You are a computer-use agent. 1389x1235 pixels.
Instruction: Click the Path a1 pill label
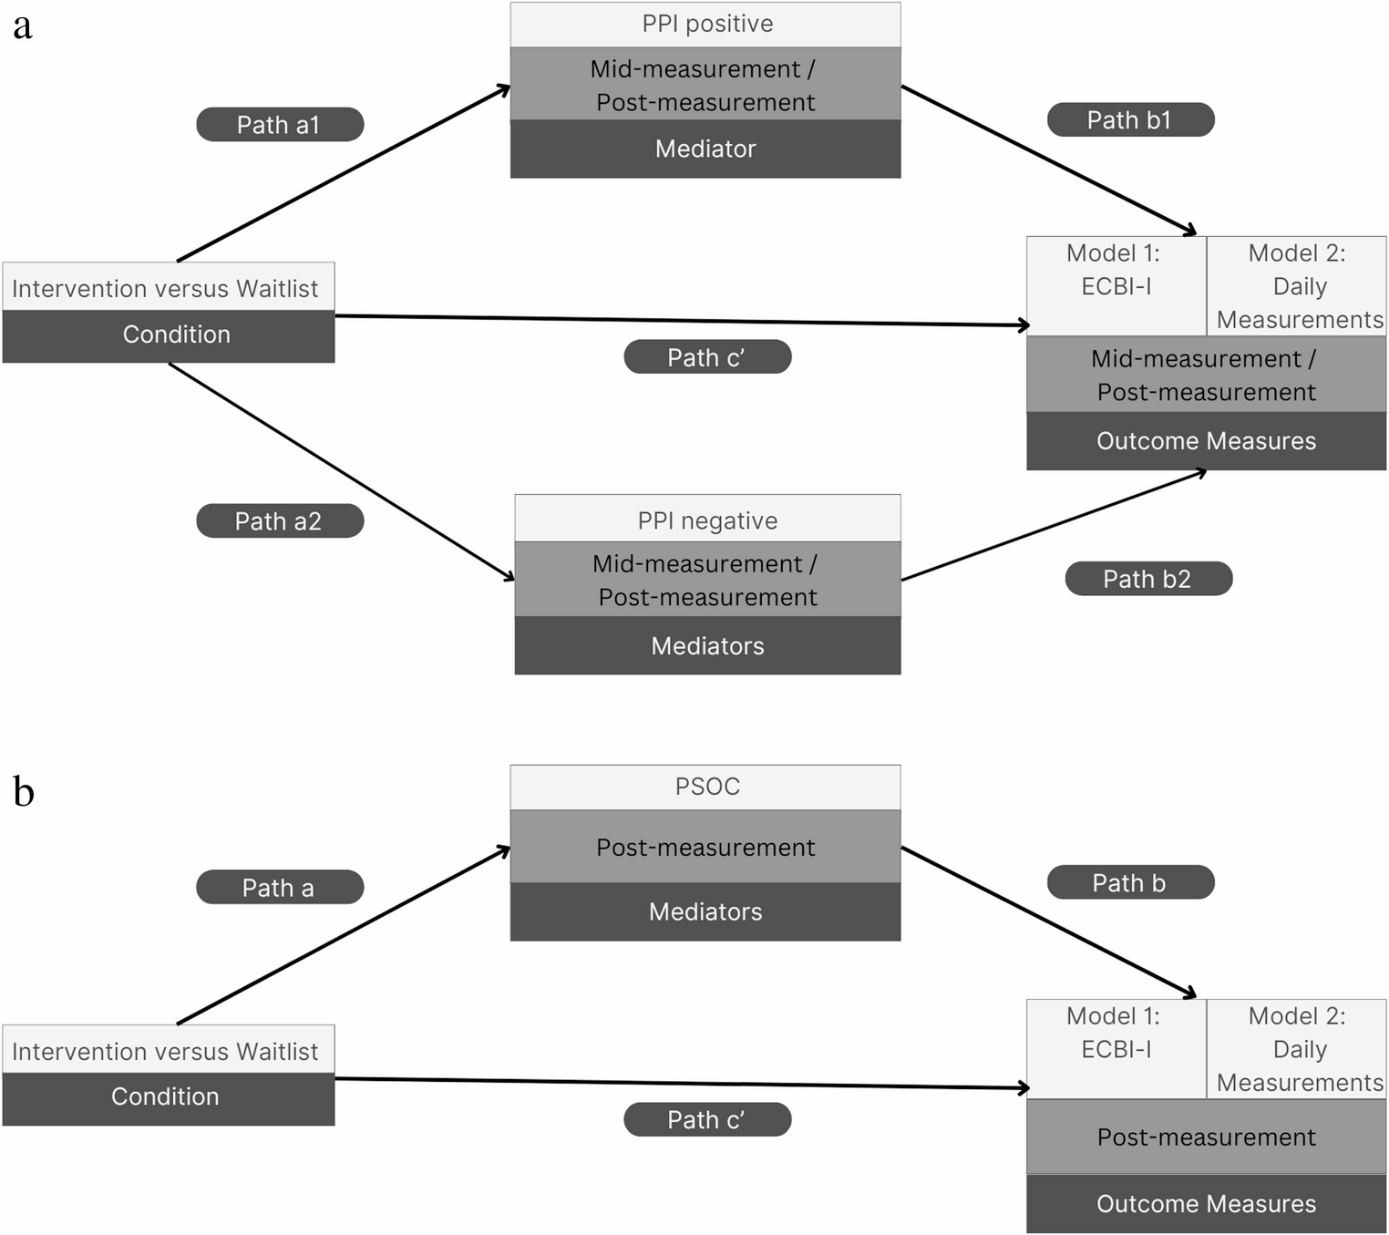[280, 125]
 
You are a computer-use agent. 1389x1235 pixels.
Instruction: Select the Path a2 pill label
[280, 521]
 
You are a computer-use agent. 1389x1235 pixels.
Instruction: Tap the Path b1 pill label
[1130, 120]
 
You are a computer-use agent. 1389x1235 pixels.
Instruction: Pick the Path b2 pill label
[1148, 579]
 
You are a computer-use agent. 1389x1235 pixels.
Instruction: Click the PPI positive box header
[706, 25]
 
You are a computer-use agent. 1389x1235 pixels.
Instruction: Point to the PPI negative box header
[707, 520]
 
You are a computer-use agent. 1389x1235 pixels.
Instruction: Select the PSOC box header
[706, 787]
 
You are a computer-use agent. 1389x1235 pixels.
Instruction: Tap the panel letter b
[24, 791]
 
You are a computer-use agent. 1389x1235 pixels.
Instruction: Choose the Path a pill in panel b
[280, 888]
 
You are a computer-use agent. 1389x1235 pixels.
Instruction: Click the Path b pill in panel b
[1130, 883]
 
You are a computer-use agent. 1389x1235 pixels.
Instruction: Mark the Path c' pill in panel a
[707, 357]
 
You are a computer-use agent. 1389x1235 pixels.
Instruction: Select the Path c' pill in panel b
[707, 1120]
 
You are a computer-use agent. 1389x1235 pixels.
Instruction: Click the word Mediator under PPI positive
[705, 149]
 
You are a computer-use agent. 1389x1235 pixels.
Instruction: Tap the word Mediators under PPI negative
[707, 646]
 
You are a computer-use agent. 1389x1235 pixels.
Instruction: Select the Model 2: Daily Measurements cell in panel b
[1297, 1049]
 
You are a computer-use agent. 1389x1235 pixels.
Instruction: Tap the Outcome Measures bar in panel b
[1206, 1204]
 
